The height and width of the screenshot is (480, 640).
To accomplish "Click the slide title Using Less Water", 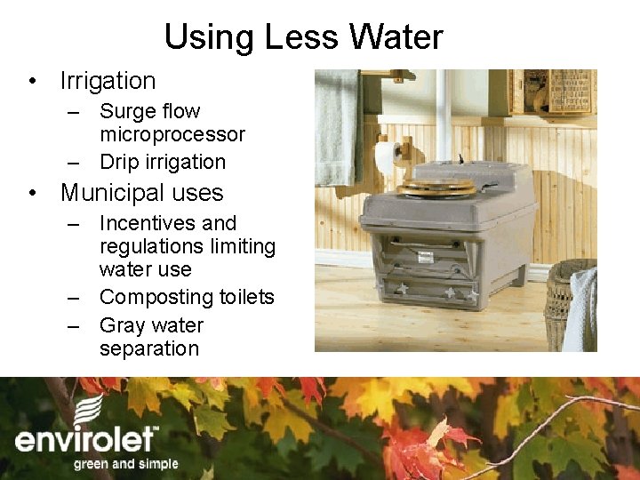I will coord(303,37).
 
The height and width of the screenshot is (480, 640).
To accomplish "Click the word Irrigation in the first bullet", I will coord(108,81).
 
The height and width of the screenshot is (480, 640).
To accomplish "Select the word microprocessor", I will coord(172,135).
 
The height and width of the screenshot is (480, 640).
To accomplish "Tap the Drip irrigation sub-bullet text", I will coord(163,162).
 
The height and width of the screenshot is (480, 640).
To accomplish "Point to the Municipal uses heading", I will coord(141,193).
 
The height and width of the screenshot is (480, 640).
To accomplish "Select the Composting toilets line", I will coord(187,297).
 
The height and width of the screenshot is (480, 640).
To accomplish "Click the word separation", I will coord(149,348).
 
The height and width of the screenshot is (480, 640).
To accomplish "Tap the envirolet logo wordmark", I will coord(86,441).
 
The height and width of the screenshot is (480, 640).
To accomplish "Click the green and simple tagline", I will coord(125,464).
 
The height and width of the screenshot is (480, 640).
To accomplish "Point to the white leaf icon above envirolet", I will coord(89,410).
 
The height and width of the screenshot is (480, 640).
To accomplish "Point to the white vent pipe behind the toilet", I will coord(442,116).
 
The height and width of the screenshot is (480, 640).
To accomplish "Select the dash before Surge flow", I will coord(76,112).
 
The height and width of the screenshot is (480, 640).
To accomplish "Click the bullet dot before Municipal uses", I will coord(32,194).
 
